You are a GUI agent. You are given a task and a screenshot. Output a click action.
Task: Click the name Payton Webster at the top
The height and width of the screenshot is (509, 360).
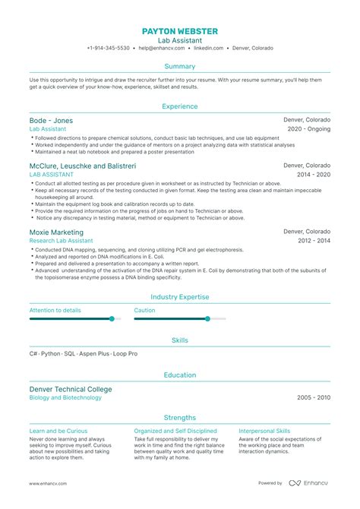(x=179, y=30)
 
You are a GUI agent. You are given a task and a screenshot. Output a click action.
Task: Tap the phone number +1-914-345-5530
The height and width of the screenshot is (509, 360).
(x=108, y=48)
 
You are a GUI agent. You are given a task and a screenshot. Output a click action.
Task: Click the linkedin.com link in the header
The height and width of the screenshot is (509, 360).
(x=208, y=48)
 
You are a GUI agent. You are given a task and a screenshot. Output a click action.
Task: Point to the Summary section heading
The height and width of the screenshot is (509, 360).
(x=180, y=67)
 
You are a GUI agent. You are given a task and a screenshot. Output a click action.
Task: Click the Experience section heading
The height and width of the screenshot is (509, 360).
(x=180, y=107)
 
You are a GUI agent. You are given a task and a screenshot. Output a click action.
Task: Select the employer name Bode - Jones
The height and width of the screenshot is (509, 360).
(x=51, y=121)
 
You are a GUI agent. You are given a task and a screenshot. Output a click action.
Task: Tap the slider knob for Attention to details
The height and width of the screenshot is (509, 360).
(x=112, y=319)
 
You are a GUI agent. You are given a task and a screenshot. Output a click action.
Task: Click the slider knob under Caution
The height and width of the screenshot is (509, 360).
(x=207, y=319)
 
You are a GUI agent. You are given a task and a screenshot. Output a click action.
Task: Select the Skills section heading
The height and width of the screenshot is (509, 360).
(x=180, y=340)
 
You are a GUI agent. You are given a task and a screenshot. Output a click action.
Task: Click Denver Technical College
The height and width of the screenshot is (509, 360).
(x=70, y=389)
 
